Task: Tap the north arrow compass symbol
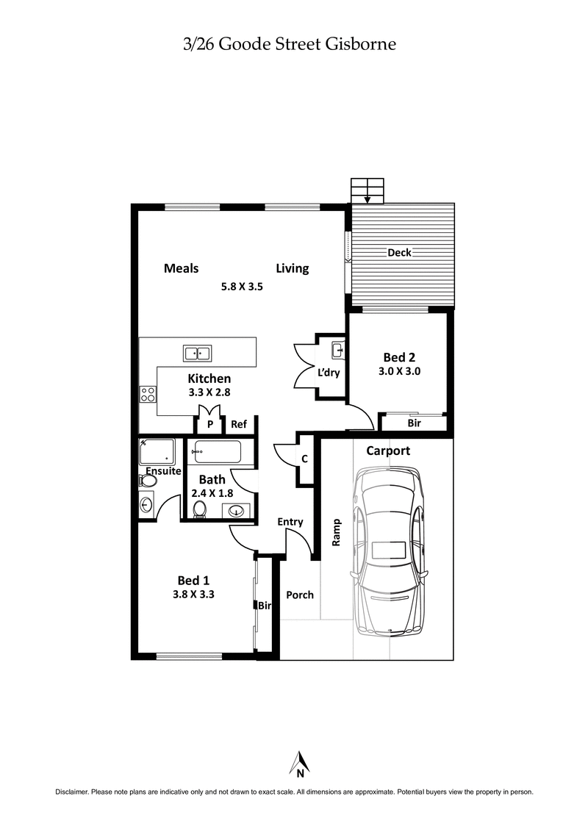300,764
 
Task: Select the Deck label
399,253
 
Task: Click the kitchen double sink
197,354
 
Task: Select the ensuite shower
157,451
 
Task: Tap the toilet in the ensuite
148,481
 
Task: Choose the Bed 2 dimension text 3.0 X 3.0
399,371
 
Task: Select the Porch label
299,595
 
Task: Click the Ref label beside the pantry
238,424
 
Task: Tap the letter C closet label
304,459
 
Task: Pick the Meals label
181,268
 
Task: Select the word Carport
388,451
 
